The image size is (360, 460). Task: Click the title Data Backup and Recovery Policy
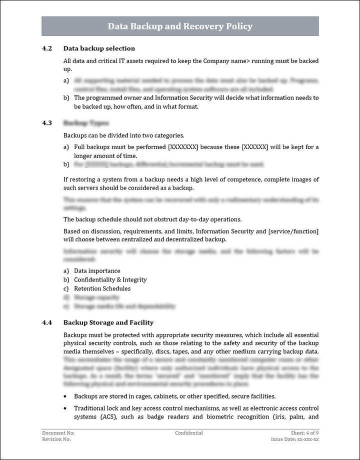click(x=180, y=26)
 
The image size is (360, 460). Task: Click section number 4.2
click(x=47, y=48)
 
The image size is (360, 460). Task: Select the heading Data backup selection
click(x=99, y=48)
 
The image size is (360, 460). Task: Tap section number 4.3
click(x=47, y=122)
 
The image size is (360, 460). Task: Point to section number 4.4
click(x=47, y=322)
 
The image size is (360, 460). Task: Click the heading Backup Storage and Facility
click(x=108, y=322)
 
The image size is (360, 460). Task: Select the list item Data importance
click(x=97, y=271)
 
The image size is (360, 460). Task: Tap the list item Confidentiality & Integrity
click(x=110, y=280)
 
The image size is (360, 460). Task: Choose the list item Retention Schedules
click(x=102, y=288)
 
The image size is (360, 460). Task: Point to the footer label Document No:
click(x=58, y=433)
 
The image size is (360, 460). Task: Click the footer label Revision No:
click(x=56, y=439)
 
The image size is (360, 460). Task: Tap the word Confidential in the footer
click(x=189, y=433)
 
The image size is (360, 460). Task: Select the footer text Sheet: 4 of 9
click(x=304, y=433)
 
